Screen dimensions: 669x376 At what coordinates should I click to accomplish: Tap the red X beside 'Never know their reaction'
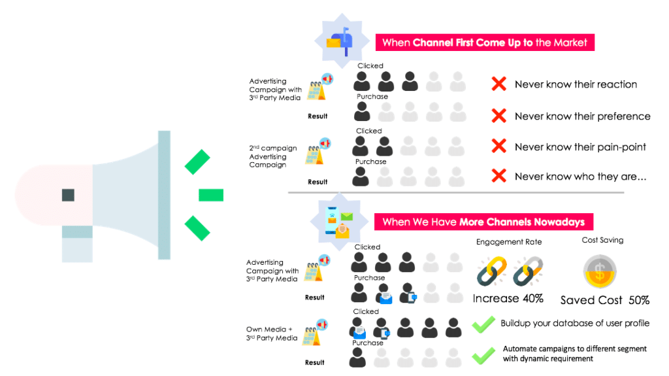498,84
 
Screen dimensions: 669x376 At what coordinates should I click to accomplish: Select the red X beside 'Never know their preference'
498,116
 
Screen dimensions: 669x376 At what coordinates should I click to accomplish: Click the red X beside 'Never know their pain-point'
498,146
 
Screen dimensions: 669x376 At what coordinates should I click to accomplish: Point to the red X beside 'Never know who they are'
498,176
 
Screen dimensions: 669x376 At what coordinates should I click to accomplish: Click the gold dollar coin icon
600,272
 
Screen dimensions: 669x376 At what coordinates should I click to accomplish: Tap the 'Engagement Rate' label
509,242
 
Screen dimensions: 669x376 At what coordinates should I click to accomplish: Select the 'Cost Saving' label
602,240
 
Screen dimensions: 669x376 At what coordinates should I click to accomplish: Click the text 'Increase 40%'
508,298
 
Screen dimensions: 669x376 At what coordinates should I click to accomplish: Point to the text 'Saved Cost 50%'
604,300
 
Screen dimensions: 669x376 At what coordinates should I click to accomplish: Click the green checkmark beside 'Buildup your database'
483,325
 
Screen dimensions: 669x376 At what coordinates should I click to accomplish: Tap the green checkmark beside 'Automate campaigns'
483,356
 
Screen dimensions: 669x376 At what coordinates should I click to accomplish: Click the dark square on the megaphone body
68,195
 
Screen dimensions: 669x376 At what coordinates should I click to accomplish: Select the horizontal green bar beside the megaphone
211,195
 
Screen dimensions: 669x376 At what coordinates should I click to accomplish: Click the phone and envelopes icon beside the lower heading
339,221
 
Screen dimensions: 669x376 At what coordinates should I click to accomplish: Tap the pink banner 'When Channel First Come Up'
485,43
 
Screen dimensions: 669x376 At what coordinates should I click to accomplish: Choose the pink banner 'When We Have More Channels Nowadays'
484,222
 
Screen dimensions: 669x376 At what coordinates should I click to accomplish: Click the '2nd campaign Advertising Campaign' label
273,156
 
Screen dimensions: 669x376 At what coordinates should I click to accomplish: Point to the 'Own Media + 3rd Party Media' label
272,333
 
